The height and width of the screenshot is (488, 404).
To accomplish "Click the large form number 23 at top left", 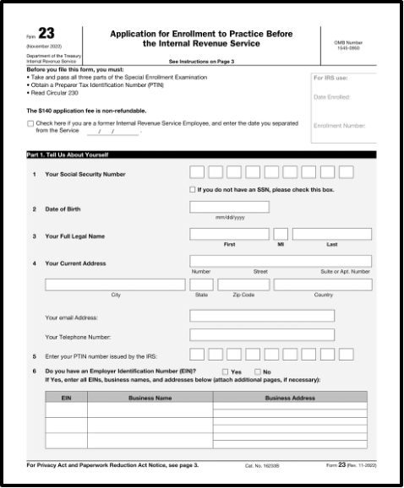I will pos(45,34).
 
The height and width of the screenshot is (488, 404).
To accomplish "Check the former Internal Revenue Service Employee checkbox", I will pos(30,124).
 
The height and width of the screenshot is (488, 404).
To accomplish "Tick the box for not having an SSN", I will pos(193,190).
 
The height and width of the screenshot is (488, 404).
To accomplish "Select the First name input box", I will pos(229,234).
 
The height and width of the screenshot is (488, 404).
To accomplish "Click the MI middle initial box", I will pos(281,234).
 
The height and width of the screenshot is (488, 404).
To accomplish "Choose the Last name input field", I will pos(331,234).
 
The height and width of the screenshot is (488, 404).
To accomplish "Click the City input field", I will pos(115,285).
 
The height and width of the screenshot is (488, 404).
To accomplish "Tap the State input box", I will pos(201,285).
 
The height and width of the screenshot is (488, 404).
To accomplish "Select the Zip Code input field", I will pos(243,285).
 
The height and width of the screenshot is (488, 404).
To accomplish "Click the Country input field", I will pos(323,285).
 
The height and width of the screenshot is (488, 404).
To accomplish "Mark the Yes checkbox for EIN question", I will pos(225,371).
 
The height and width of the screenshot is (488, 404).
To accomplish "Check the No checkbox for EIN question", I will pos(257,371).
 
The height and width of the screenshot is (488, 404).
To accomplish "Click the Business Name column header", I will pos(150,397).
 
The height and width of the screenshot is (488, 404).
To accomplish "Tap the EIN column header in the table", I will pos(66,397).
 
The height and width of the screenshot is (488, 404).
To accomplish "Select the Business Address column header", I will pos(290,397).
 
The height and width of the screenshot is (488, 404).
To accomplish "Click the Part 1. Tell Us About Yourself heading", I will pos(68,155).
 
